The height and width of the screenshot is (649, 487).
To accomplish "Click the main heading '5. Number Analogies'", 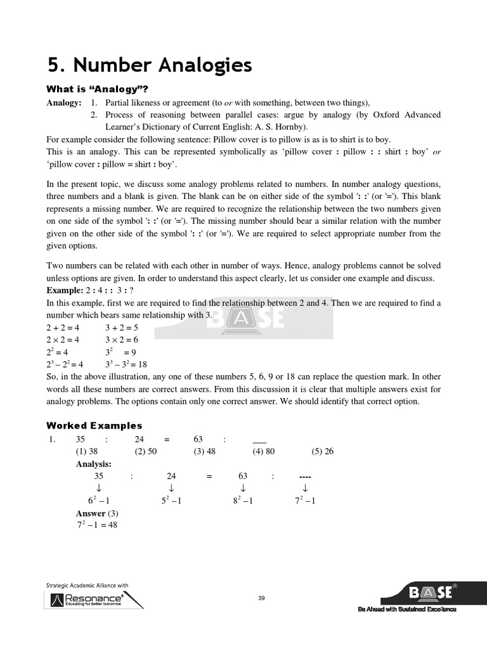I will click(150, 65).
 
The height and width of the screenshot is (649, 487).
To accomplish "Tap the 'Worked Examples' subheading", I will click(94, 425).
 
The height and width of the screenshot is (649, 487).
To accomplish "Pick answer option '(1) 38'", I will click(86, 451).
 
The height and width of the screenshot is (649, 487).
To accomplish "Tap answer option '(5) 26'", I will click(322, 451).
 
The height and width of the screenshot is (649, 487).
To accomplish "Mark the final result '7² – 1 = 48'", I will click(97, 525).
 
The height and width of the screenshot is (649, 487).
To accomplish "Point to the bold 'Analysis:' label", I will click(93, 464).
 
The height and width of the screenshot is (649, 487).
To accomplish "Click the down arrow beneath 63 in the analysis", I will click(243, 488).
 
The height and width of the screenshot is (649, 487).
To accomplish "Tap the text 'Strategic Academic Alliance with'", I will click(88, 585).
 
